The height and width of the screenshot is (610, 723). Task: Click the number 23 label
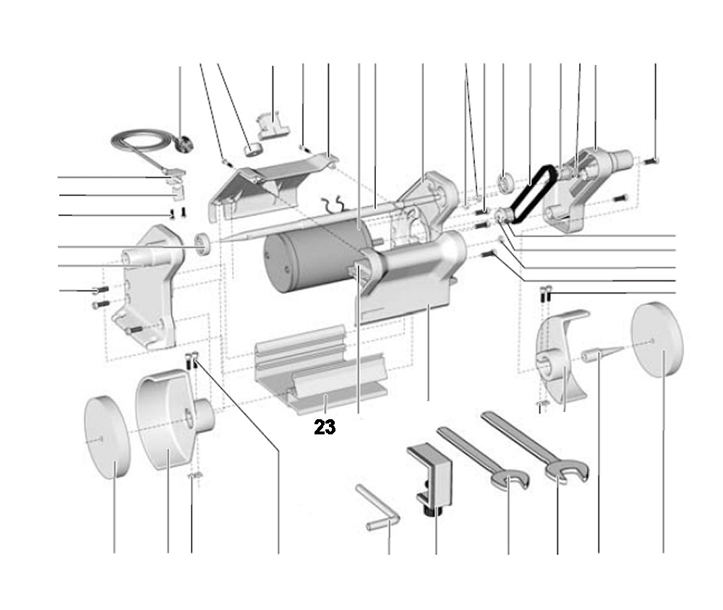point(325,427)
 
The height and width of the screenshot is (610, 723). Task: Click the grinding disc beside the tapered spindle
point(656,340)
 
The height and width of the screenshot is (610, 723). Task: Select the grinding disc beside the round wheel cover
point(106,437)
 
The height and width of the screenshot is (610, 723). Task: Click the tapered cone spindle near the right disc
point(600,354)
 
